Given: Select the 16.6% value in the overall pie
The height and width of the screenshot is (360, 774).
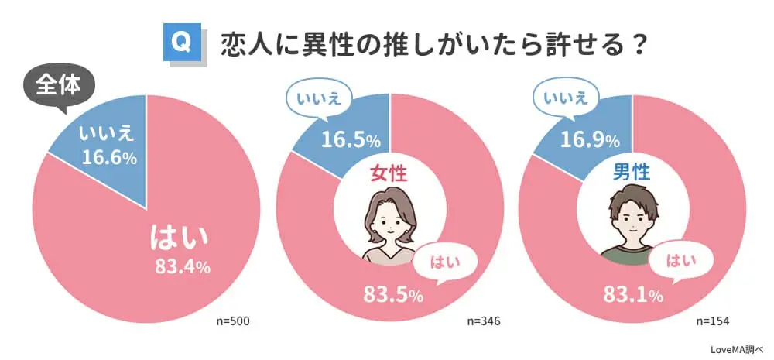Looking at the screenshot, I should click(x=108, y=157).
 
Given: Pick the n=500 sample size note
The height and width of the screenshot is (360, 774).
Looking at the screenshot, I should click(x=234, y=321).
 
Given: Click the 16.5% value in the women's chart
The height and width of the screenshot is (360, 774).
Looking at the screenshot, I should click(x=350, y=139).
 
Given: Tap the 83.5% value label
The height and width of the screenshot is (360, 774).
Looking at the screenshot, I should click(x=392, y=294).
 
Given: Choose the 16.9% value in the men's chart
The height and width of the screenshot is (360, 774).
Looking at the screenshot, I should click(x=589, y=140).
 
